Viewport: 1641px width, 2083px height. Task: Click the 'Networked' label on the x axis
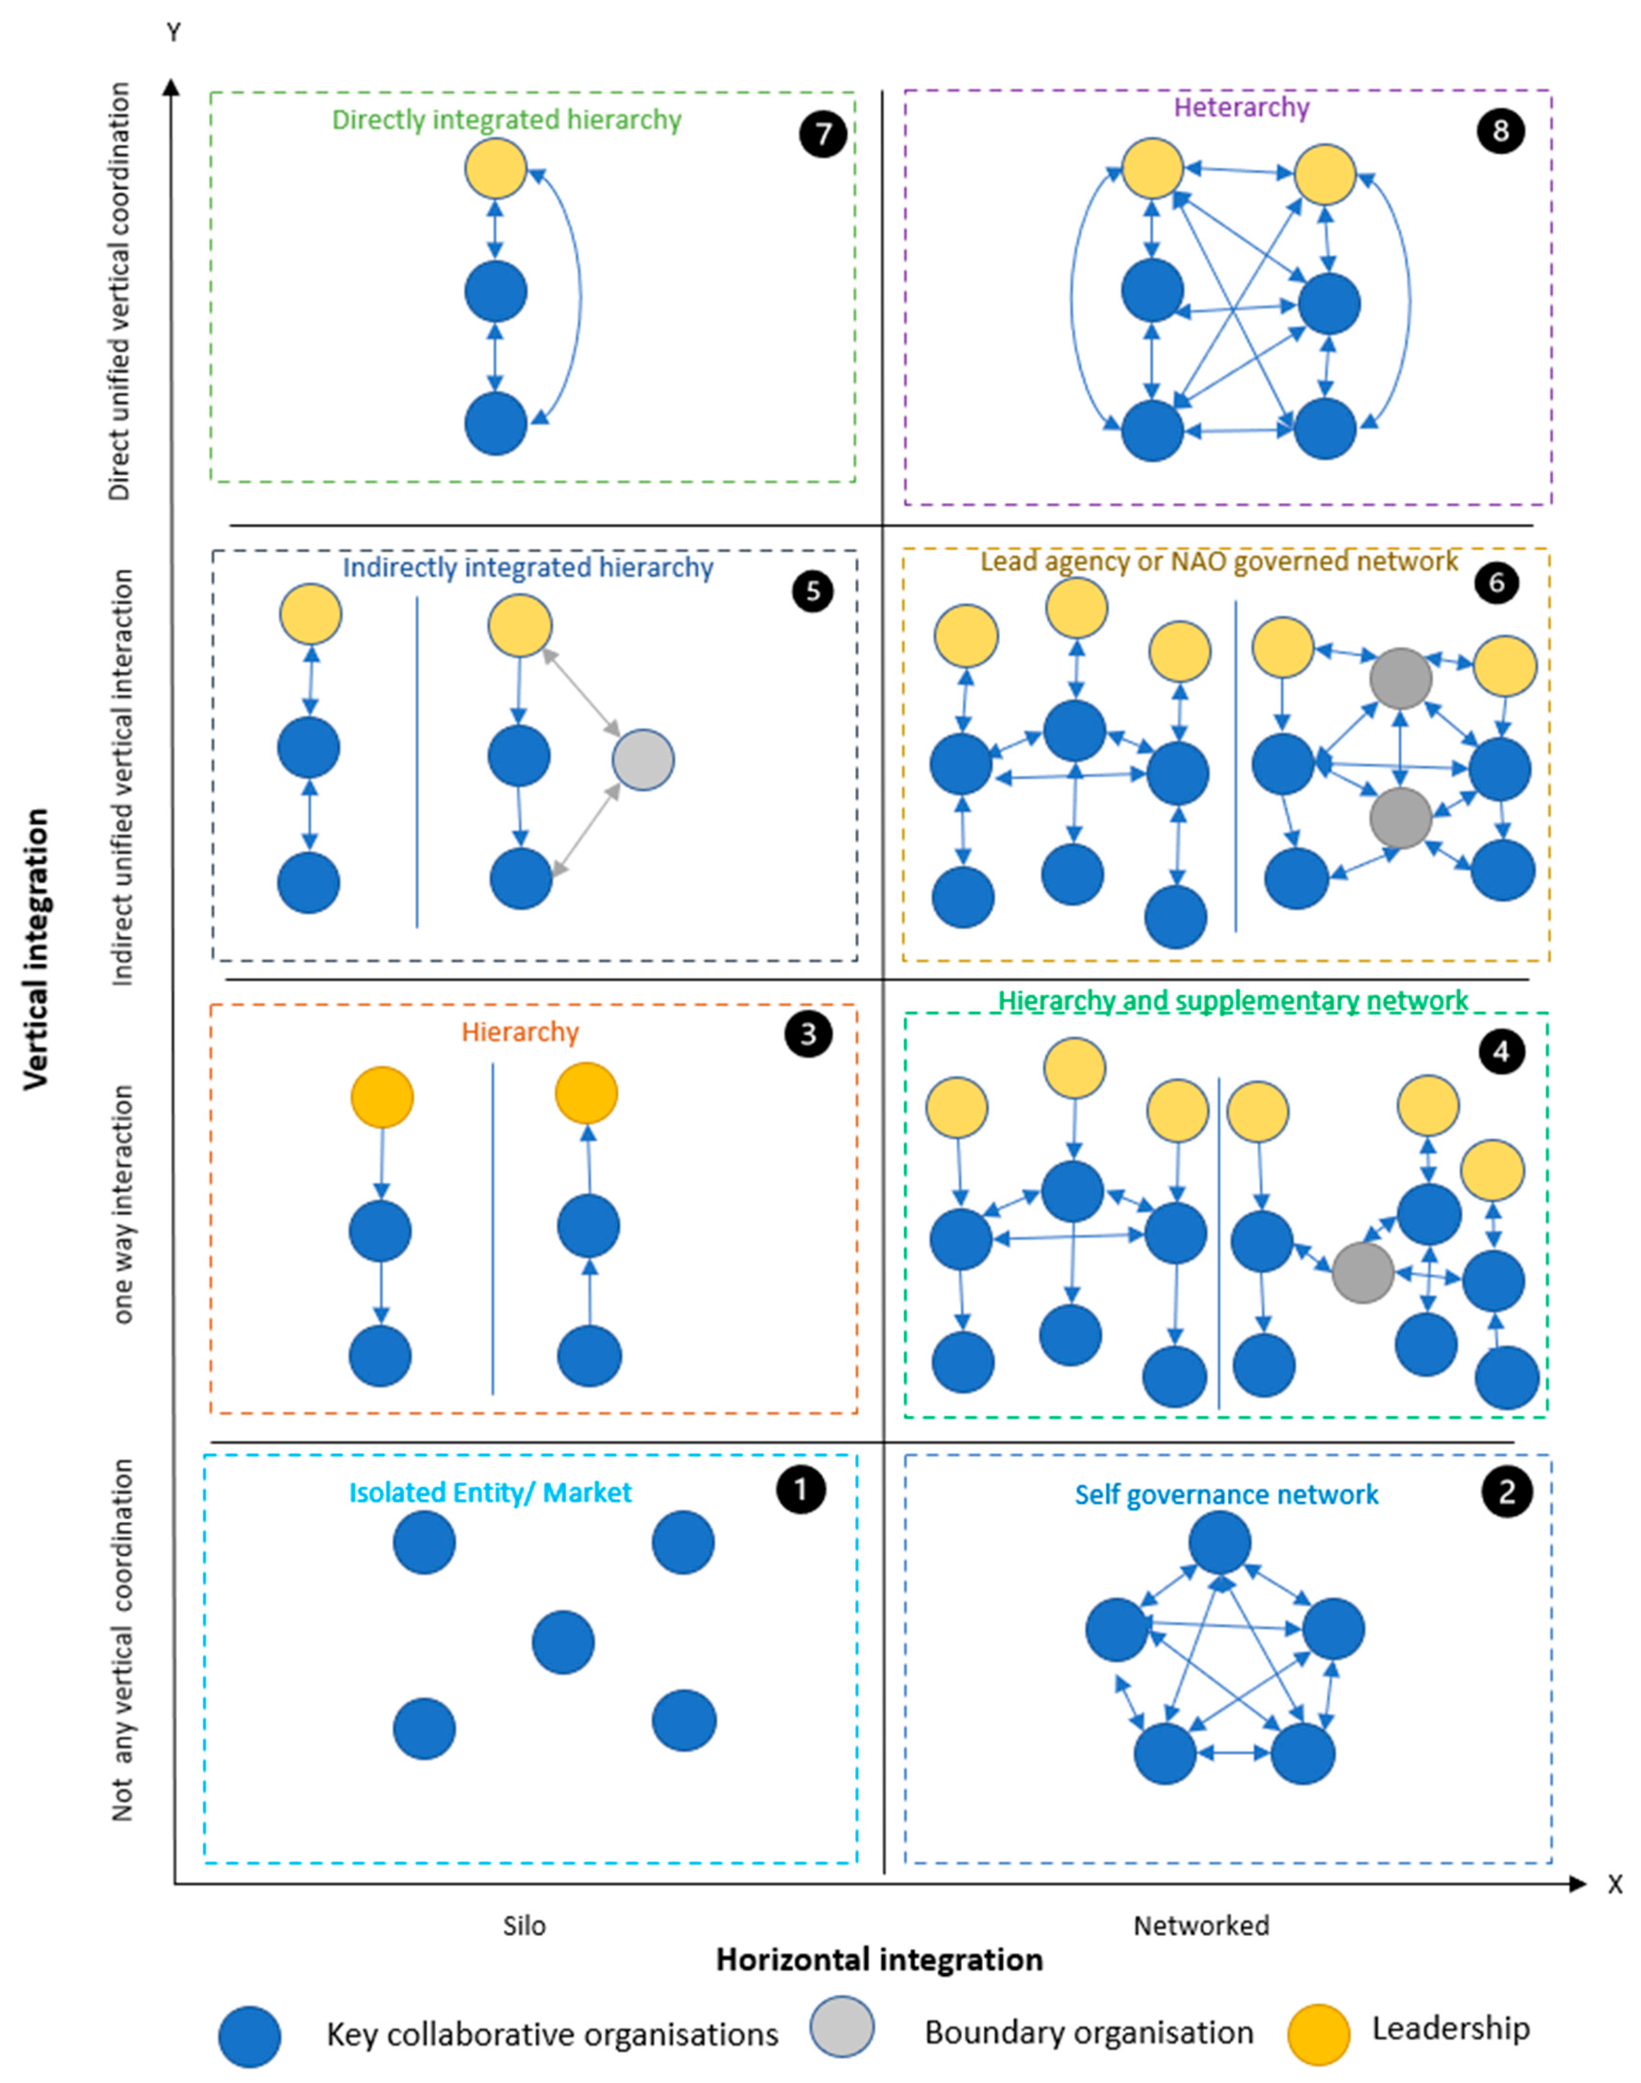click(1201, 1925)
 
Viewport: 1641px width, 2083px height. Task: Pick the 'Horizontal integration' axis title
click(879, 1960)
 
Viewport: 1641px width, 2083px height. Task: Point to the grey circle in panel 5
click(643, 760)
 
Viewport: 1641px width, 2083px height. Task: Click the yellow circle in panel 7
click(496, 168)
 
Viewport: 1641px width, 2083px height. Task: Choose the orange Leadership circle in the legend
click(1318, 2034)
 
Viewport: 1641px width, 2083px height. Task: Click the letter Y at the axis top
click(174, 33)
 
